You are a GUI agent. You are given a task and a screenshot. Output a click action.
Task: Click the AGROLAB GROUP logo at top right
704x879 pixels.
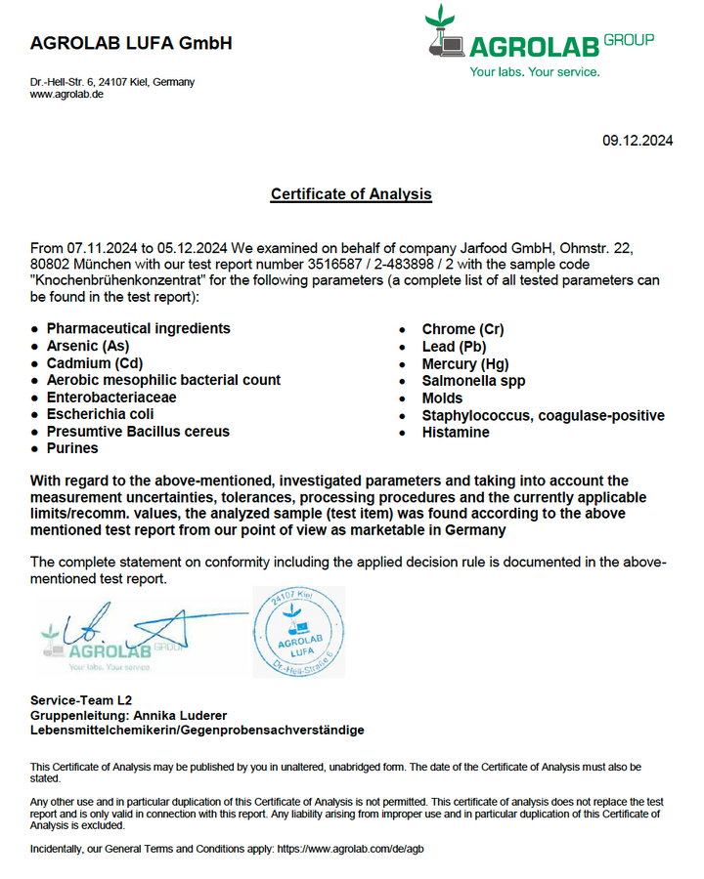coord(539,43)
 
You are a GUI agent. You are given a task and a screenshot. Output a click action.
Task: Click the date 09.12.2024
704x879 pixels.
coord(637,141)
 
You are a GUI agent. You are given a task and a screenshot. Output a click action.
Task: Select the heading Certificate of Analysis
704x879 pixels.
coord(351,194)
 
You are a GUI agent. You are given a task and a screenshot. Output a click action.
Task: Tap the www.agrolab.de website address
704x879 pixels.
coord(66,95)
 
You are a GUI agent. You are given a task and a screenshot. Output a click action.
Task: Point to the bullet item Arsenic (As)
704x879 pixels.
coord(87,346)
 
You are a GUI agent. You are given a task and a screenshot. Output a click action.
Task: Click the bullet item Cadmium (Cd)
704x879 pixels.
coord(94,363)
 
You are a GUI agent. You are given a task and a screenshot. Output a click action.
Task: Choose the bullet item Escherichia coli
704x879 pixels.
coord(100,414)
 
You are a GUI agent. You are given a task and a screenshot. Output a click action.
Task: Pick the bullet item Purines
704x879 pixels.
coord(72,448)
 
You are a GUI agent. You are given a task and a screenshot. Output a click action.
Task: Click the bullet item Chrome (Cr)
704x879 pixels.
coord(462,329)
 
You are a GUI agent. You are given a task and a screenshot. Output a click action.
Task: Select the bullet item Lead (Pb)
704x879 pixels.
coord(454,347)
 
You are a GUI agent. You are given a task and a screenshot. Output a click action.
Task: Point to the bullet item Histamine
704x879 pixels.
coord(456,432)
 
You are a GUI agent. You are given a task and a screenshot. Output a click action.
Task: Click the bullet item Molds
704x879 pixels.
coord(442,398)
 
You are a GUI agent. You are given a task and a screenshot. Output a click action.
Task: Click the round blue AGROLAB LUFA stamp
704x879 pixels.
coord(298,632)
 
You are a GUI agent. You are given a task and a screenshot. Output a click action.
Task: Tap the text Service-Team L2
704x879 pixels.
coord(81,700)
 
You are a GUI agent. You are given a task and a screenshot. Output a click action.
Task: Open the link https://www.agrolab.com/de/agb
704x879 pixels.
coord(350,850)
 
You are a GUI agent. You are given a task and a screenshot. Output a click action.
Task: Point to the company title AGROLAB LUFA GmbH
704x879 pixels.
coord(131,43)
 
